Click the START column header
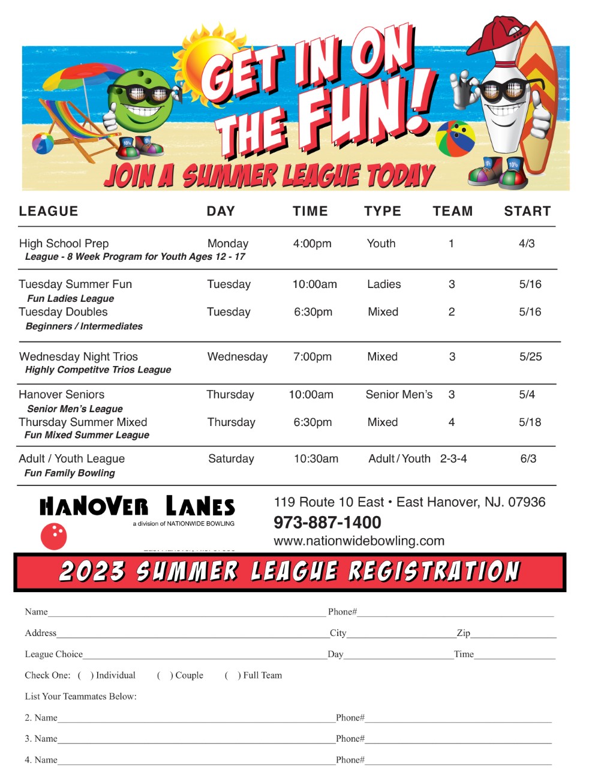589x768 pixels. point(527,211)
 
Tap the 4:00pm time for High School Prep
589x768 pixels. point(312,244)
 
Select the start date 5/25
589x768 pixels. point(530,356)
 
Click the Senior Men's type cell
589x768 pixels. point(399,394)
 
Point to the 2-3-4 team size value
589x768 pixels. point(453,458)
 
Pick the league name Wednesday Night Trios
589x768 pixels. point(79,356)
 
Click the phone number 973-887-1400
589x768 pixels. point(327,523)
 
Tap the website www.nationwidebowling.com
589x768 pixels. point(359,541)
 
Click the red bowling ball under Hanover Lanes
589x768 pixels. point(53,536)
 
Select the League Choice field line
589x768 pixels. point(204,657)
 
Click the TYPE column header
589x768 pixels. point(382,211)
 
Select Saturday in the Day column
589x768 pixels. point(231,458)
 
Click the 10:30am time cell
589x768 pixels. point(315,458)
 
